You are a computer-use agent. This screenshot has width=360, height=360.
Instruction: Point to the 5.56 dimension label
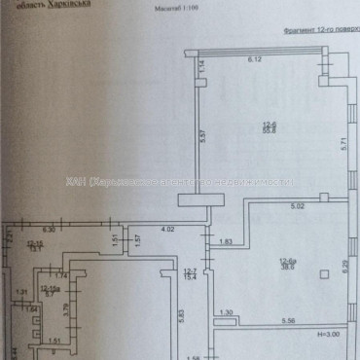point(289,322)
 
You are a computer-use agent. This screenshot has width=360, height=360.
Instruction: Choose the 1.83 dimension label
point(226,241)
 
